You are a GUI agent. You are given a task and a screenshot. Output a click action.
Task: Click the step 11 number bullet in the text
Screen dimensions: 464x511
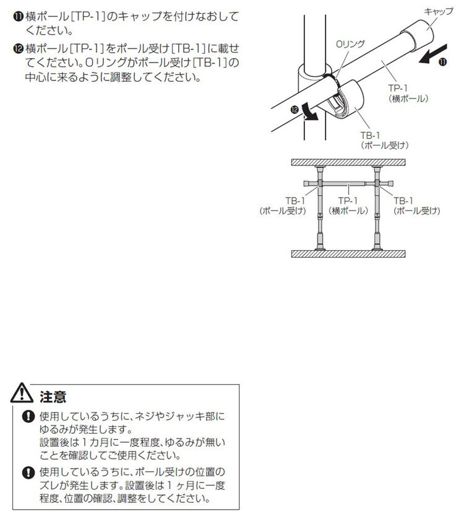pos(19,16)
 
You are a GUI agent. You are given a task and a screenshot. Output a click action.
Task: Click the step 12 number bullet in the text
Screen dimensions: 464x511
pos(19,49)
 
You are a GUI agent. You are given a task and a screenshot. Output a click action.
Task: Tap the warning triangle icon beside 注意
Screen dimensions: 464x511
pos(22,393)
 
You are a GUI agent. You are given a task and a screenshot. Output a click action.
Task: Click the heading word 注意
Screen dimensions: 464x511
pos(53,397)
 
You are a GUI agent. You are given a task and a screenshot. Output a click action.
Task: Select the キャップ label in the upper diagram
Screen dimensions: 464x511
pos(438,12)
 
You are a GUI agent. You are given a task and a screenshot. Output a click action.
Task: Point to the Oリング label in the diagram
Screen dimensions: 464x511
pos(350,44)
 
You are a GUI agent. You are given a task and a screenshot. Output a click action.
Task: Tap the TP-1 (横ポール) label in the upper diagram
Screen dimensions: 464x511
pos(408,93)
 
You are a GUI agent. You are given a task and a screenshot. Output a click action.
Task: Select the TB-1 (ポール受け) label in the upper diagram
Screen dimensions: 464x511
pos(385,140)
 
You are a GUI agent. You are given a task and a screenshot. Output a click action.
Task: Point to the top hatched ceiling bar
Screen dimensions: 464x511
pos(348,162)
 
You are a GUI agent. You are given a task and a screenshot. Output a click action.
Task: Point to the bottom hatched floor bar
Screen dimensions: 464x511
pos(348,254)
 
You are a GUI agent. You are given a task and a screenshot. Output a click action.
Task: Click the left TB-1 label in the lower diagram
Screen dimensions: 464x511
pos(283,206)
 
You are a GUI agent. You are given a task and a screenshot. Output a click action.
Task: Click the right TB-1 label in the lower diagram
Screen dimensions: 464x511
pos(417,206)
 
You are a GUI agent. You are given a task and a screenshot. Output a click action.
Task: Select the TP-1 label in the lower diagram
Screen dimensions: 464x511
pos(348,206)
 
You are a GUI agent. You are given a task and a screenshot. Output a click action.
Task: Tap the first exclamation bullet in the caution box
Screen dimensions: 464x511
pos(28,416)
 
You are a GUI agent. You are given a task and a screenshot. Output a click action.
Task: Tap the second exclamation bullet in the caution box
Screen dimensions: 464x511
pos(28,472)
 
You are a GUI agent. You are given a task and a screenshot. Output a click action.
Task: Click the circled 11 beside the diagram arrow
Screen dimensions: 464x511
pos(442,62)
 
